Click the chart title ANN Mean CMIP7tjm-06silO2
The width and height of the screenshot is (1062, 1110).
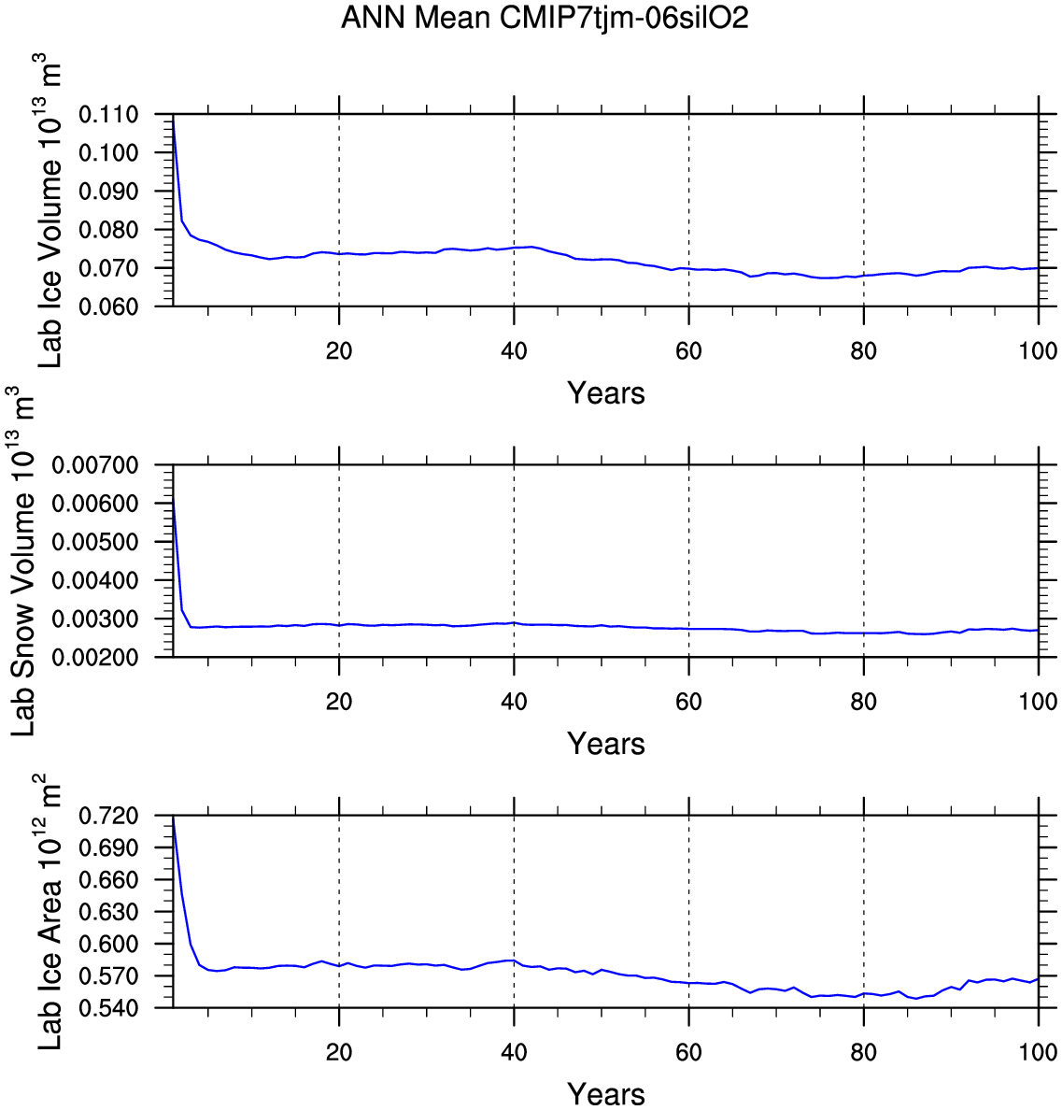click(545, 18)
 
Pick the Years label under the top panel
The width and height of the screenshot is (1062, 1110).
click(605, 393)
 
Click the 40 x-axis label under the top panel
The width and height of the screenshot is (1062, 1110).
click(514, 351)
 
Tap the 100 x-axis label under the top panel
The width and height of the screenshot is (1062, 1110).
click(1038, 351)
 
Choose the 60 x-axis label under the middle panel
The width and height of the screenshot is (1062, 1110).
click(688, 702)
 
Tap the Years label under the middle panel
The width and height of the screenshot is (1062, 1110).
click(605, 744)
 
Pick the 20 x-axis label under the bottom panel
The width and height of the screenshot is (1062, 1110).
click(339, 1053)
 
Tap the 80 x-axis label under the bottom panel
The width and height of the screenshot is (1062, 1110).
click(863, 1053)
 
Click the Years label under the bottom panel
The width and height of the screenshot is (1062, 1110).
click(605, 1094)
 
